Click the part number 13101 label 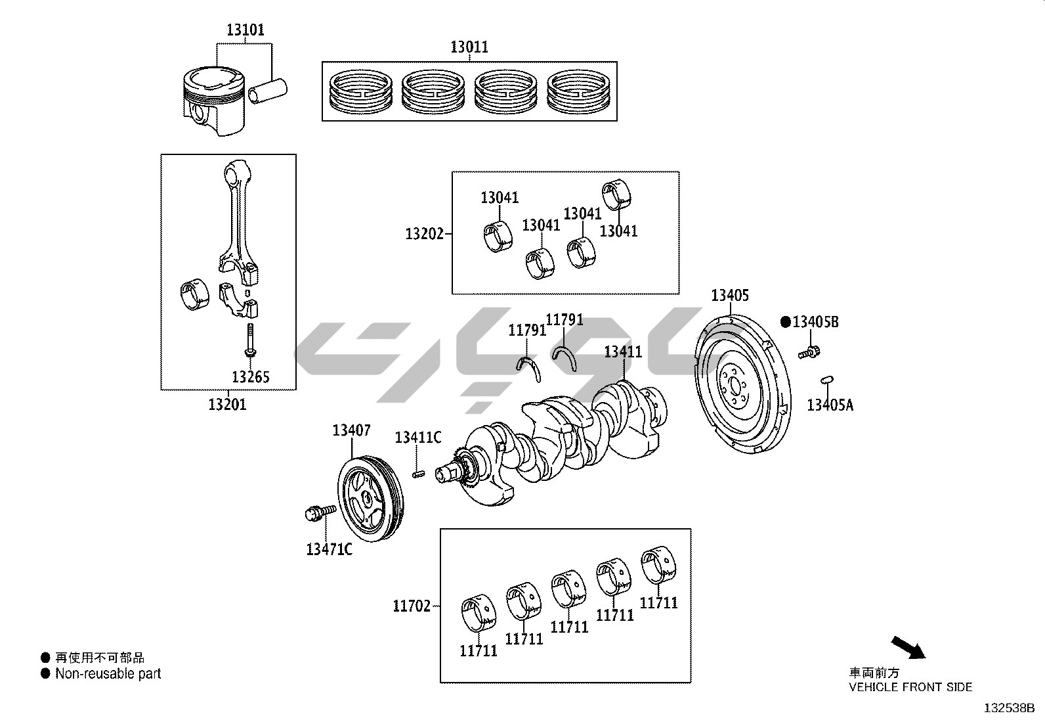coord(245,30)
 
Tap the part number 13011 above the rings coord(469,47)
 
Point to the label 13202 coord(425,233)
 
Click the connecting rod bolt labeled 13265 coord(250,340)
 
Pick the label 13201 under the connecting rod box coord(227,404)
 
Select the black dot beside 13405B coord(786,322)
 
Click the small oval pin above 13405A coord(828,379)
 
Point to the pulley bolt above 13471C coord(320,512)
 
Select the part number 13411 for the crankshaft coord(623,352)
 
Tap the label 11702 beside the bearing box coord(412,606)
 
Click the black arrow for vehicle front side coord(908,647)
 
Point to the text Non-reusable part coord(108,673)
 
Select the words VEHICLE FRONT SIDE coord(910,687)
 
